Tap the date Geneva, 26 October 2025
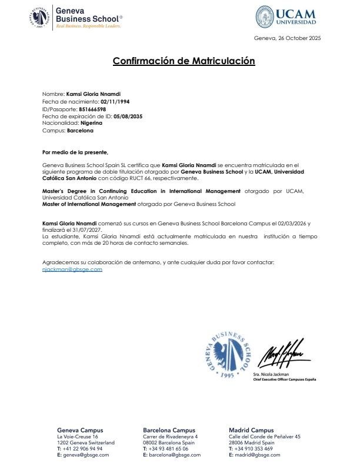[x=287, y=38]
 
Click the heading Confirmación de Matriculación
[x=184, y=61]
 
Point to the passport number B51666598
[x=92, y=109]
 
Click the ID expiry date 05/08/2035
[x=128, y=116]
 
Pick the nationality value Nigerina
[x=91, y=123]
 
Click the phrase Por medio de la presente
[x=75, y=152]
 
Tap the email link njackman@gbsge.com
[x=72, y=269]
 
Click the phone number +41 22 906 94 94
[x=82, y=448]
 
